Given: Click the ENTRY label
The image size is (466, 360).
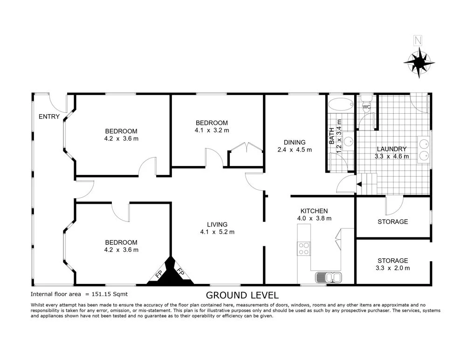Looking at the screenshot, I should coord(49,117).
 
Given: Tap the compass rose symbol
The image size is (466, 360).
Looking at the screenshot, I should coord(418,62).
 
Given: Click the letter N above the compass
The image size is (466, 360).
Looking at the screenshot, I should coord(418,41).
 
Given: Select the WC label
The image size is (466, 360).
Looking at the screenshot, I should coord(366,107).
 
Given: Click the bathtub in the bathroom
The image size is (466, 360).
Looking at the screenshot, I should coord(340,104).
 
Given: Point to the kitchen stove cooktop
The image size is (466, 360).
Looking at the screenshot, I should coord(304,248).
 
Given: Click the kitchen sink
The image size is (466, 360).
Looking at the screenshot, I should coord(329,277).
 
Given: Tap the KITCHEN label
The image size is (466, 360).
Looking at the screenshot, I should coord(314,211).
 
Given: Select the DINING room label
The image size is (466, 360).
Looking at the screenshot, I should coord(294,142).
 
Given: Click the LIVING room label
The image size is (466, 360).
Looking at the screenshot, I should coord(217,224).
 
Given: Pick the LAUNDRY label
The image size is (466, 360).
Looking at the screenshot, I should coord(392,149).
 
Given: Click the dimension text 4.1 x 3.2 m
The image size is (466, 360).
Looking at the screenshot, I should coord(212,131).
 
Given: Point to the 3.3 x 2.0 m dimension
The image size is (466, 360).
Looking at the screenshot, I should coord(393,268).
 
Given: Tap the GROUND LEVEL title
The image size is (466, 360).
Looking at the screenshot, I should coord(242,295).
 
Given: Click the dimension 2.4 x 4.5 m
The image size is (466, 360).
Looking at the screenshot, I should coord(294,150).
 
